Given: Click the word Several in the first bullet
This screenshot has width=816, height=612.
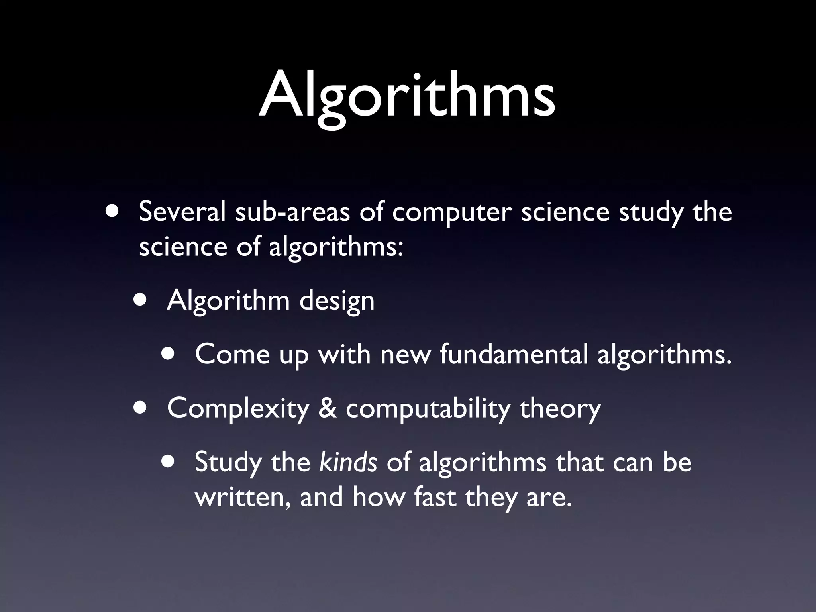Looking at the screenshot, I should click(x=182, y=212).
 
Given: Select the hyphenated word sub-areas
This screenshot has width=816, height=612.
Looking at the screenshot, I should click(x=292, y=212).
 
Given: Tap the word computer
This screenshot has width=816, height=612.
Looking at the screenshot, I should click(x=451, y=213).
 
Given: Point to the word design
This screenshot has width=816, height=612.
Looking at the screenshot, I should click(x=337, y=301).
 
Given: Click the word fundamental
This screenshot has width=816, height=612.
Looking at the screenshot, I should click(x=514, y=354).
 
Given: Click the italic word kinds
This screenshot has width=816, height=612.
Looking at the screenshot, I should click(x=348, y=462).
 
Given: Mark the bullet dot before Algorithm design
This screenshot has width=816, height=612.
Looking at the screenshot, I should click(x=140, y=299).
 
